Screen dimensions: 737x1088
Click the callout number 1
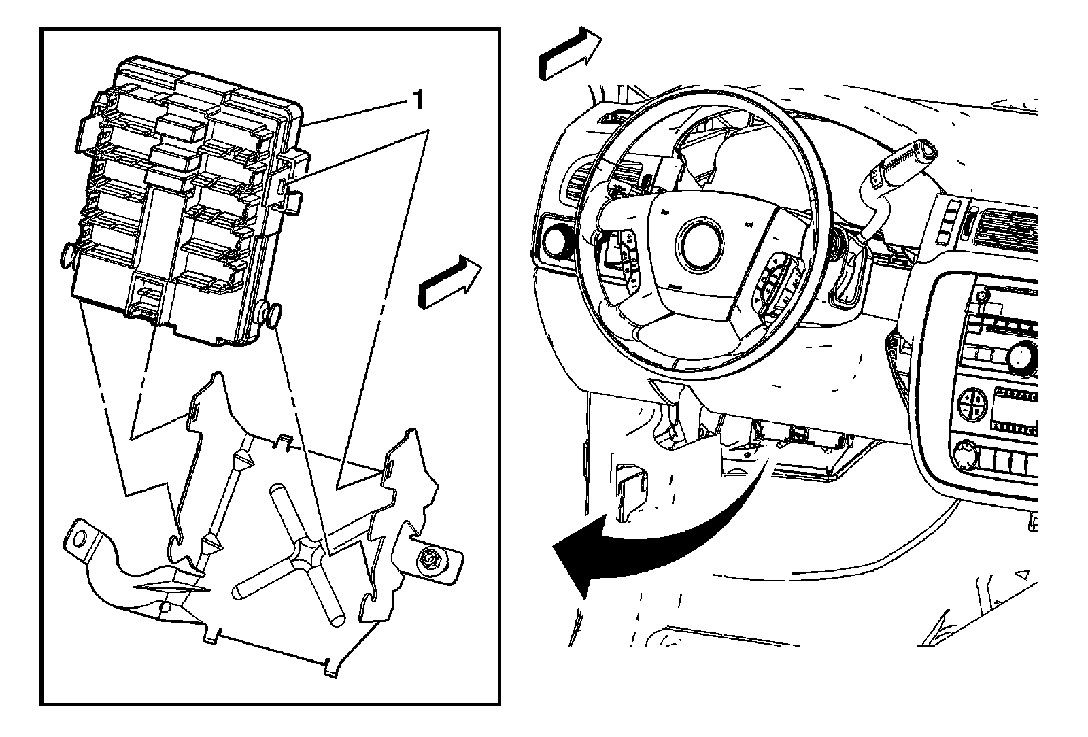418,101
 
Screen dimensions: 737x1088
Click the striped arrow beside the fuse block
449,281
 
